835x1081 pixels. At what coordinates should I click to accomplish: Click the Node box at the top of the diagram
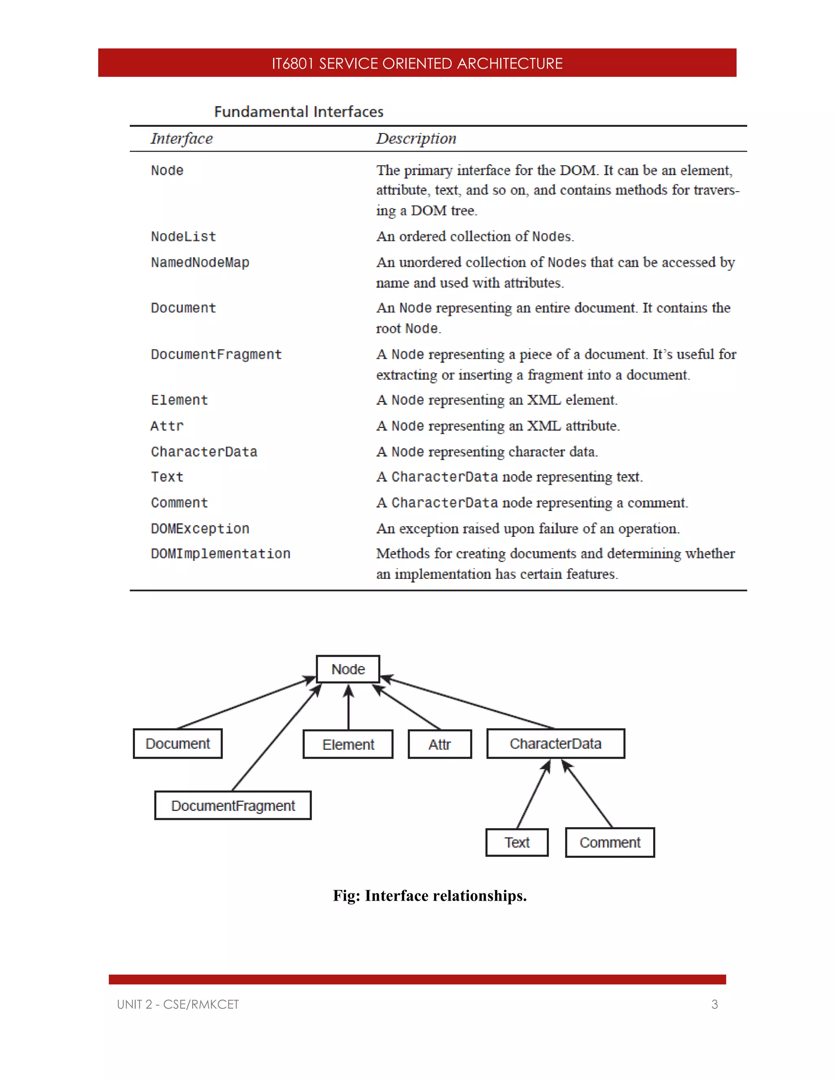pos(348,669)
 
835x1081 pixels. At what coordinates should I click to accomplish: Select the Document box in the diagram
pos(178,743)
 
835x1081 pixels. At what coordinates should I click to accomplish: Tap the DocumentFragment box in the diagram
pos(233,806)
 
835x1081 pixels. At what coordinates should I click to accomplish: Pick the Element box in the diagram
pos(348,744)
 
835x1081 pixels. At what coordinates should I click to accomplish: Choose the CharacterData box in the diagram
pos(556,743)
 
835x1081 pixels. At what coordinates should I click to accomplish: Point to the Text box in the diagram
pos(517,842)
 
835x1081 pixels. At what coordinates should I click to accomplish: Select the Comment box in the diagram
pos(610,842)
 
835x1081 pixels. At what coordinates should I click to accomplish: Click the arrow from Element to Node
pos(348,708)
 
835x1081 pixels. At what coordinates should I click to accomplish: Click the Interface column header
pos(181,139)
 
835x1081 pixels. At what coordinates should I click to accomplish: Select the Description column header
pos(416,139)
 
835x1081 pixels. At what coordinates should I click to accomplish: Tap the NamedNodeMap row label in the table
pos(200,262)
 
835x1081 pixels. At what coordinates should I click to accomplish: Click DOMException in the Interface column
pos(200,529)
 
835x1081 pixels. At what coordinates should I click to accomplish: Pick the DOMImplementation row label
pos(221,554)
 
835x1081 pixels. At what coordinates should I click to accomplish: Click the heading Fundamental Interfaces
pos(298,112)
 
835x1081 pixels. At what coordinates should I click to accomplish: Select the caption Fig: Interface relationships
pos(429,896)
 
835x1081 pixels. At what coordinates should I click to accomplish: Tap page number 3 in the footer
pos(714,1004)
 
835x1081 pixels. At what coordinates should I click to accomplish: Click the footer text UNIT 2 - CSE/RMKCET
pos(178,1004)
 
